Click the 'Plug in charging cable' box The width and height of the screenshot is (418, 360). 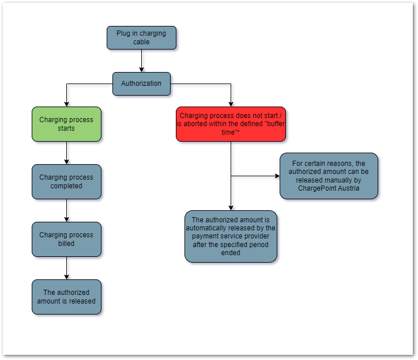pos(141,37)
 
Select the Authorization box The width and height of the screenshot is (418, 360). pos(141,84)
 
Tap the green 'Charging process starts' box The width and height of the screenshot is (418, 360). pos(66,124)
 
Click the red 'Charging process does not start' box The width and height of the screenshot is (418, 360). pos(231,124)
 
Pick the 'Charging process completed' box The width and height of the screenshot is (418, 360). pos(66,181)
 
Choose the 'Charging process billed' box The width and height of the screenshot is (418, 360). pos(66,239)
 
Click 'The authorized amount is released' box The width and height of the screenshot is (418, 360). pos(66,297)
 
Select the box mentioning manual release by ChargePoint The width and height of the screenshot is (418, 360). pos(329,176)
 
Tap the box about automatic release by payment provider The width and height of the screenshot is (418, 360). pos(231,236)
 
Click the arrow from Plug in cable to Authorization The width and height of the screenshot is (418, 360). pos(141,60)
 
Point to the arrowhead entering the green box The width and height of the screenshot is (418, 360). pos(66,104)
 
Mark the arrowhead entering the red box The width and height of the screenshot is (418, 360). pos(231,104)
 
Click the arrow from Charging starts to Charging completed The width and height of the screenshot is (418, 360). pos(66,153)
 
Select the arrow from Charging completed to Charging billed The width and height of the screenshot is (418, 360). pos(66,210)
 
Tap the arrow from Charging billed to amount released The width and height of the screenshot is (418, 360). pos(66,268)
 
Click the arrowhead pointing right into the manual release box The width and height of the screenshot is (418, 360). pos(277,176)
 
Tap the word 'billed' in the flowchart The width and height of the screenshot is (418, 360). pos(66,243)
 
